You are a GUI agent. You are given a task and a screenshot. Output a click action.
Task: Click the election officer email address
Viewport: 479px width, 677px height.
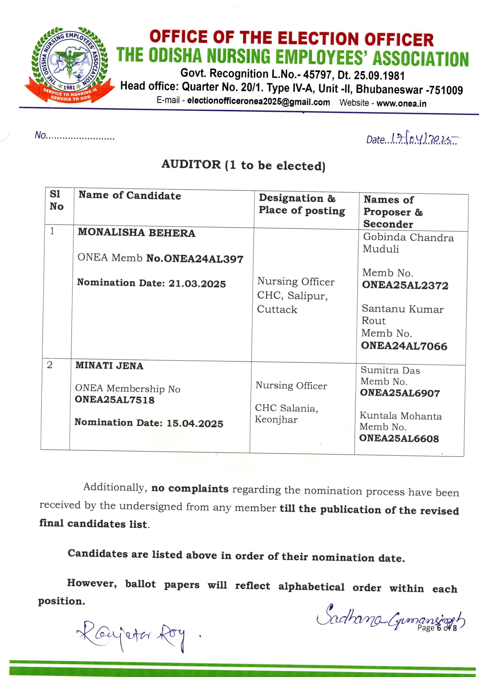(x=258, y=102)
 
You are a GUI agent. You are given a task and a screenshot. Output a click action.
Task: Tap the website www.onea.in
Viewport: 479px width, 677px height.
(x=401, y=104)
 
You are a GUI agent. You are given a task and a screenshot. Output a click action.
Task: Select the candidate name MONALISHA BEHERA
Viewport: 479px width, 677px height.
(x=136, y=233)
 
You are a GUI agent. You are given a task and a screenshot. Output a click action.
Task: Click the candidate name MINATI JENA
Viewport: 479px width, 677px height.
(x=109, y=366)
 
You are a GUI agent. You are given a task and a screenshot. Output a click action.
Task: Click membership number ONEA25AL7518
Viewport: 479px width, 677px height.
(x=114, y=400)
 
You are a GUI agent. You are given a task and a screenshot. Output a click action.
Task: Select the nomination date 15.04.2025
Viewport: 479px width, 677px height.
(x=195, y=424)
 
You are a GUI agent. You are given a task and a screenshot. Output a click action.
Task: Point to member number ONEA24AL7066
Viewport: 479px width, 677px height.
(x=404, y=346)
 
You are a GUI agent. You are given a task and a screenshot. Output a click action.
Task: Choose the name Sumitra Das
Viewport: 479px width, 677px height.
(x=390, y=370)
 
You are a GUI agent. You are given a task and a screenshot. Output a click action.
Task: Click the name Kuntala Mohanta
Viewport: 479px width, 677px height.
(x=401, y=416)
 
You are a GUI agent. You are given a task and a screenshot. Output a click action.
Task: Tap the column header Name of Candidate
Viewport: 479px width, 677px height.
(x=130, y=196)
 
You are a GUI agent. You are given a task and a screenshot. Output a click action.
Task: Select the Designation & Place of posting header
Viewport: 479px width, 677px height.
(x=302, y=204)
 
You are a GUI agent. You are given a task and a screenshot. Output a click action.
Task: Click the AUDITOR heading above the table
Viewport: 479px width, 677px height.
(x=243, y=165)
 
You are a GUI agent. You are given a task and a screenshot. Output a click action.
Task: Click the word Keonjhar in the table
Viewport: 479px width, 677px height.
(x=276, y=420)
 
